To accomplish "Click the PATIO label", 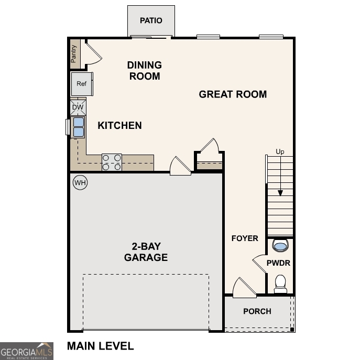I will pos(151,21).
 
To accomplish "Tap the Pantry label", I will pos(74,53).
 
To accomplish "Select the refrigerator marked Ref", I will pos(81,84).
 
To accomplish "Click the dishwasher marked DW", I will pos(78,107).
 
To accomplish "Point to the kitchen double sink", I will pos(78,127).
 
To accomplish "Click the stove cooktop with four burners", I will pos(112,162).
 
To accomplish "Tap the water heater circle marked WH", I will pos(80,182).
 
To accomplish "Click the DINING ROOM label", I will pos(144,70).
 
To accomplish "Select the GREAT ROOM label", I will pos(233,94).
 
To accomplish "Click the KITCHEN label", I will pos(119,125).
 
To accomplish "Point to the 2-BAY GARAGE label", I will pos(146,252).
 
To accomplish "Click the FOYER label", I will pos(245,238).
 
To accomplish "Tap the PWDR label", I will pos(278,263).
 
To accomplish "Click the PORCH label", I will pos(257,311).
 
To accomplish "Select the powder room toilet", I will pos(280,283).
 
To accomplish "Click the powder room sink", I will pos(280,246).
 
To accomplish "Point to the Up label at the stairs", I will pos(280,152).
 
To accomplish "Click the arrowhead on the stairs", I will pos(280,193).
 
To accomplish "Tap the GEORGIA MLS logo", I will pos(26,351).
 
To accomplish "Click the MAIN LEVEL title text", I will pos(100,346).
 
